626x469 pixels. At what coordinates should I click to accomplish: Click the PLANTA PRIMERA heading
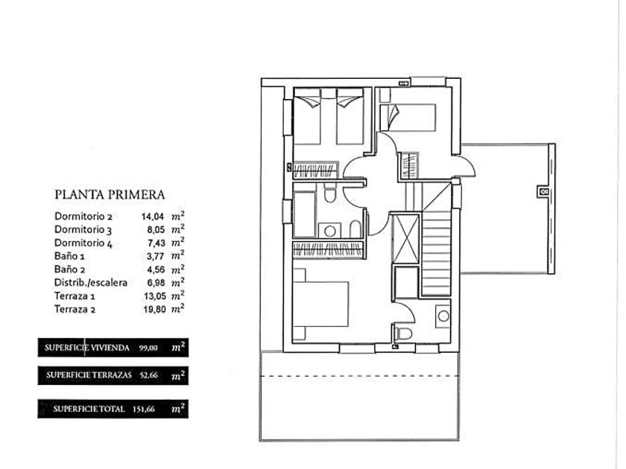[x=110, y=194]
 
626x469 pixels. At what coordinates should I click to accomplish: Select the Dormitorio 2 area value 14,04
[x=153, y=217]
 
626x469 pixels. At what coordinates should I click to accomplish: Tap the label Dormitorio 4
[x=83, y=243]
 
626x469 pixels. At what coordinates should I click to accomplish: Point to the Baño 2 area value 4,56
[x=156, y=269]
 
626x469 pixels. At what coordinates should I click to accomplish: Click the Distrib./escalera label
[x=91, y=283]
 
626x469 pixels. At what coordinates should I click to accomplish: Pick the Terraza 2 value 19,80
[x=154, y=309]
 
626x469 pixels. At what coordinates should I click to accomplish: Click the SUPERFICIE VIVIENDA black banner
[x=113, y=348]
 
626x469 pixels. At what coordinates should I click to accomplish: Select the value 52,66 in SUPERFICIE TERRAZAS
[x=149, y=375]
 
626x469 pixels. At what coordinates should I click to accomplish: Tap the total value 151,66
[x=143, y=409]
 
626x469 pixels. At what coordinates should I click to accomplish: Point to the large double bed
[x=320, y=304]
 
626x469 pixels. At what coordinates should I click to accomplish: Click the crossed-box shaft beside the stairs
[x=405, y=239]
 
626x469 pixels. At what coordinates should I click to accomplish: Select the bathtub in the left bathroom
[x=304, y=214]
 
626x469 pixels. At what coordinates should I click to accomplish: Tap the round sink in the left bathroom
[x=329, y=231]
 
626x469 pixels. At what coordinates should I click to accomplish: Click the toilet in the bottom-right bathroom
[x=404, y=332]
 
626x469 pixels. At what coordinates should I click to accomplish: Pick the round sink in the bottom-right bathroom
[x=443, y=316]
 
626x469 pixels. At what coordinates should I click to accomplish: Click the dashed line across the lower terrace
[x=359, y=376]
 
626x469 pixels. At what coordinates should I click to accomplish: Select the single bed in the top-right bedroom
[x=407, y=118]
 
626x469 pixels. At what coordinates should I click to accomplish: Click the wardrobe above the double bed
[x=329, y=250]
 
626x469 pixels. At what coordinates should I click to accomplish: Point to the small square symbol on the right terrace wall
[x=543, y=192]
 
